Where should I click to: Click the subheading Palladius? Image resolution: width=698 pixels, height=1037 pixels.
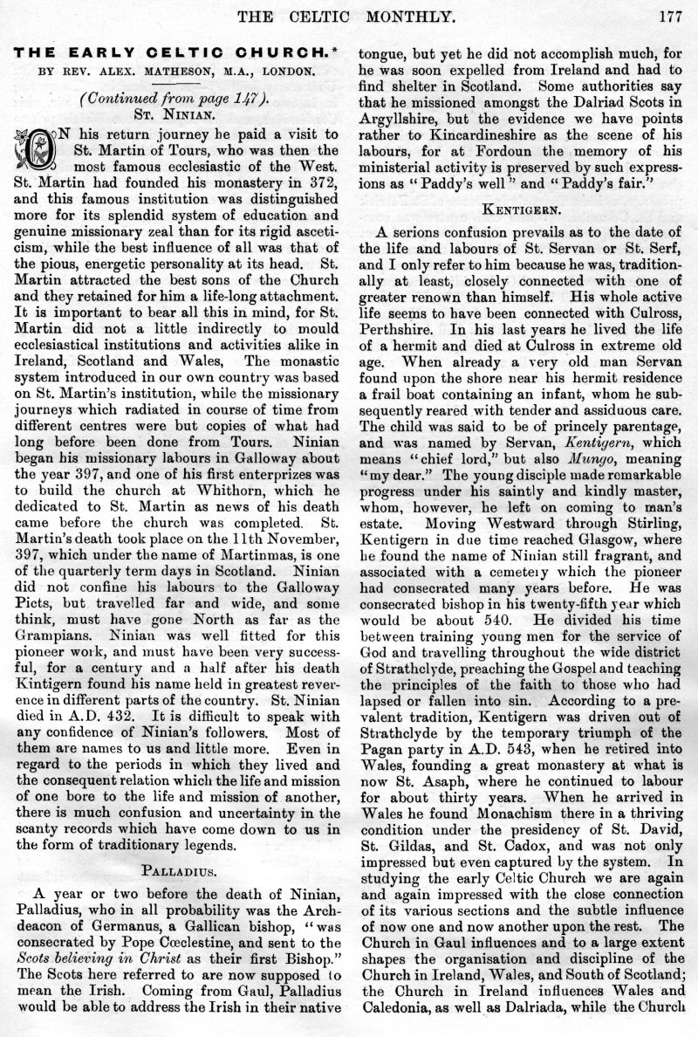tap(181, 867)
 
